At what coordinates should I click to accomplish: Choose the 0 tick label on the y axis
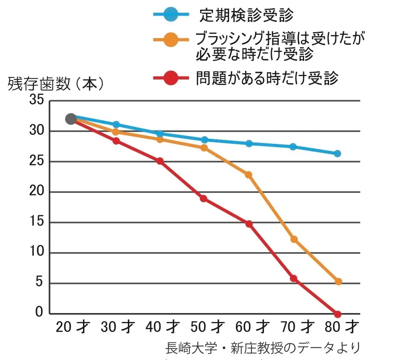pyautogui.click(x=39, y=313)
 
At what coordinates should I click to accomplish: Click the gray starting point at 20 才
pyautogui.click(x=71, y=119)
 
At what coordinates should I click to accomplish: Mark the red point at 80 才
pyautogui.click(x=338, y=314)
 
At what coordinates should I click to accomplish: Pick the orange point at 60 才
pyautogui.click(x=249, y=175)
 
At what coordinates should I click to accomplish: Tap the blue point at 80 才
pyautogui.click(x=338, y=154)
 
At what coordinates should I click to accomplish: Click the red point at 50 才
pyautogui.click(x=204, y=199)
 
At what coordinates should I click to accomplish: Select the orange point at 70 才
pyautogui.click(x=294, y=239)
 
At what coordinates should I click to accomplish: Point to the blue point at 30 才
pyautogui.click(x=116, y=124)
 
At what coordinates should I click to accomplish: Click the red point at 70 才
pyautogui.click(x=293, y=278)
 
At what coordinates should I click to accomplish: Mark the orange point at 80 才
pyautogui.click(x=338, y=282)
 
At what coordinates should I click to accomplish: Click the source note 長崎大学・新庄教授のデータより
pyautogui.click(x=263, y=348)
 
